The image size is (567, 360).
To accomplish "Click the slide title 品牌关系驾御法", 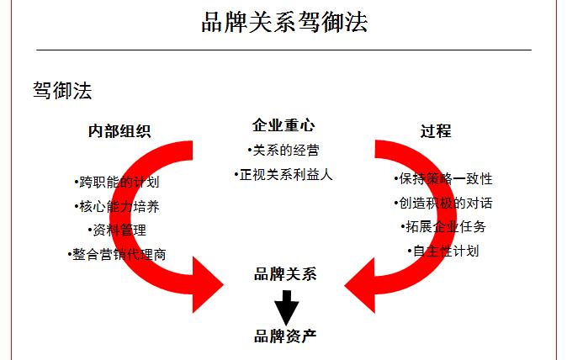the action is tap(284, 22).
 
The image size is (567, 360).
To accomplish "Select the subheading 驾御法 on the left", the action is tap(62, 90).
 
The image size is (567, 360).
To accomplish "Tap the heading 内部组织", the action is tap(119, 131).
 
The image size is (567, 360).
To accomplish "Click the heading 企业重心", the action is tap(283, 125).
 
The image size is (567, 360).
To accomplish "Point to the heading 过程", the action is tap(436, 131).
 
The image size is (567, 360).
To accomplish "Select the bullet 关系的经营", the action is tap(283, 151).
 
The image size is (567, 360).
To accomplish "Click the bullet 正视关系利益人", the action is tap(283, 175).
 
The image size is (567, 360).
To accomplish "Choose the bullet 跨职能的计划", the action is tap(116, 182).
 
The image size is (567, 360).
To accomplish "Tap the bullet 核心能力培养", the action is tap(116, 206).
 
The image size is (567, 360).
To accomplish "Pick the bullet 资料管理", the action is tap(117, 230).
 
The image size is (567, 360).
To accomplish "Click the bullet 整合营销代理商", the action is tap(117, 255).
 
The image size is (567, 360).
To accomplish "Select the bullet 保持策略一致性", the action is tap(443, 178).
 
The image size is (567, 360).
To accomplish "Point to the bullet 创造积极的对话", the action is tap(443, 204).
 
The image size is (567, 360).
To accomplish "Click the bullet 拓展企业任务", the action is tap(443, 227).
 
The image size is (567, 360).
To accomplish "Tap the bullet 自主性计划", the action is tap(443, 251).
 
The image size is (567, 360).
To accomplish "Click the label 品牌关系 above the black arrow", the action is tap(285, 274).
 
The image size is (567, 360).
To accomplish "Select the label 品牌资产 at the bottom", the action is tap(285, 336).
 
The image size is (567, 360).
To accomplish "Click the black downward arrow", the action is tap(287, 308).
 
